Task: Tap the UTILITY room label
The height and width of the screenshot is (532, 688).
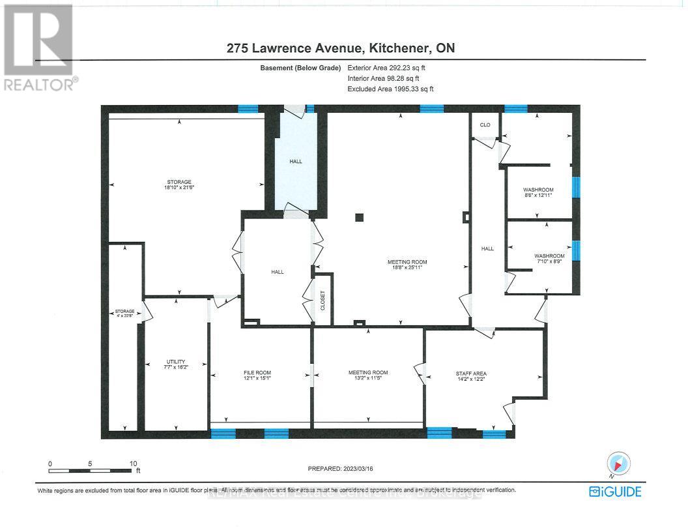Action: click(176, 364)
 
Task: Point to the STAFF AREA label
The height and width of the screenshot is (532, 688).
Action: click(470, 376)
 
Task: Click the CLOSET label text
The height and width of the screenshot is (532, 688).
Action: click(322, 300)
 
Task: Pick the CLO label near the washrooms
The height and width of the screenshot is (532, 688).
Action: click(485, 125)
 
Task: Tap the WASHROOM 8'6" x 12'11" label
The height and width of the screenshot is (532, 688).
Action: click(538, 192)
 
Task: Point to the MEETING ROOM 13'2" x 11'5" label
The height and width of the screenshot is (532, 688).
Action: click(367, 375)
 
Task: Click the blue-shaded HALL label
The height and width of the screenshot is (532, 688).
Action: click(296, 162)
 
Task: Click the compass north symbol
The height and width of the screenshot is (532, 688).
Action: click(619, 463)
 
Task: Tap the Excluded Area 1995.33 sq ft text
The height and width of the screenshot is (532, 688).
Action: click(390, 89)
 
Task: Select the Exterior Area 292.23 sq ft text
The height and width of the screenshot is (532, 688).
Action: click(389, 67)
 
